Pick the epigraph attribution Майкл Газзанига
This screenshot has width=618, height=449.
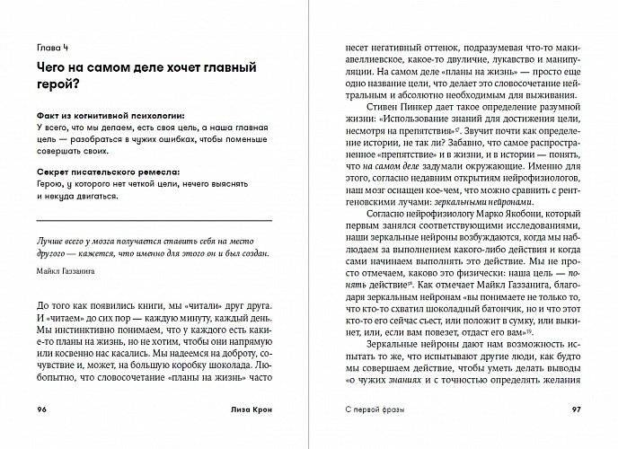click(66, 268)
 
